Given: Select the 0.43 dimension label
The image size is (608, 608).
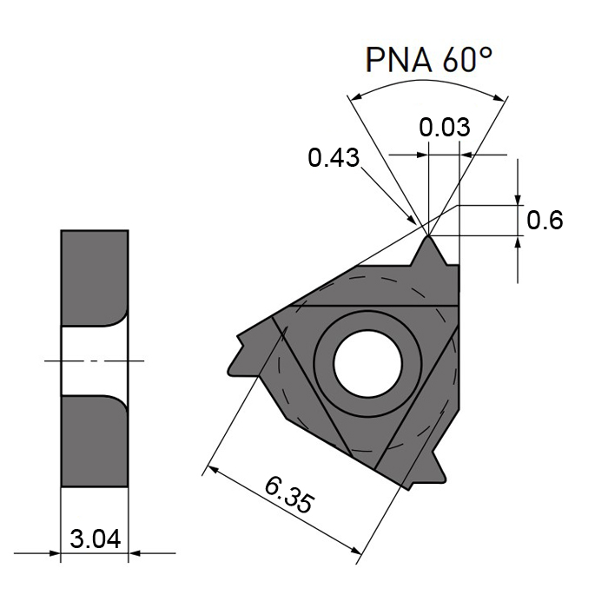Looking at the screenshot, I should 334,158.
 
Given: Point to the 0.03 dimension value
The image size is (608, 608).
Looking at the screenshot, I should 444,128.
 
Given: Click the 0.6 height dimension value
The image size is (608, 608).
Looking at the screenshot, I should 545,221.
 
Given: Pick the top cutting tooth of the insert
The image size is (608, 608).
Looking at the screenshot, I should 429,252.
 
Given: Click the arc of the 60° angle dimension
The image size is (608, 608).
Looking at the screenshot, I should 426,85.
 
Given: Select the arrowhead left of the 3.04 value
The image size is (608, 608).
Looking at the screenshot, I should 54,552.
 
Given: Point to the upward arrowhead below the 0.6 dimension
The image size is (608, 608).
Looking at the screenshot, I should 519,242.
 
